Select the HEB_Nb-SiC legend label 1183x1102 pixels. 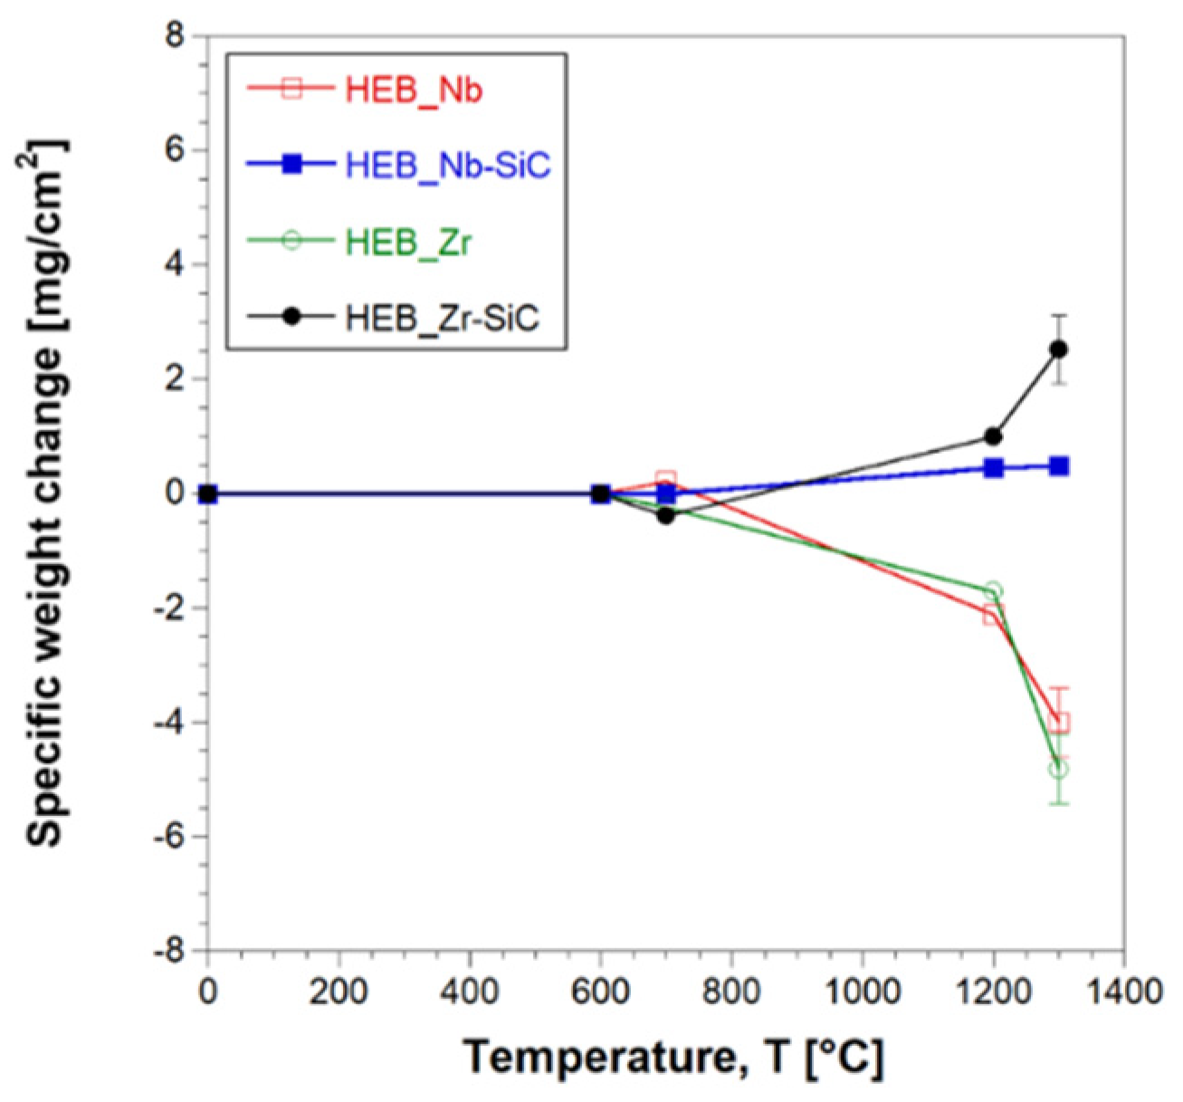[x=448, y=167]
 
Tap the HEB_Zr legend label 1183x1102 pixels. [x=408, y=243]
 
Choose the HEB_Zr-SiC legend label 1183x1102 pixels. [x=443, y=319]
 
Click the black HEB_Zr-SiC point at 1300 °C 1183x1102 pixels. [x=1058, y=350]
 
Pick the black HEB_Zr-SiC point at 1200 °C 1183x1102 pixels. [x=993, y=436]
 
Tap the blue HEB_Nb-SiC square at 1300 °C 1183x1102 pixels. [x=1059, y=466]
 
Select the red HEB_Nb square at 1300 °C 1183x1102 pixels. [x=1059, y=723]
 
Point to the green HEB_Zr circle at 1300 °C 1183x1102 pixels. [x=1058, y=770]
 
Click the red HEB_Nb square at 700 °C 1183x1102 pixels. [x=665, y=480]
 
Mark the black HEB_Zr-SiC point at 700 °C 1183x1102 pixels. [x=665, y=516]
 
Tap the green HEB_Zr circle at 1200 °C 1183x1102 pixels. [x=993, y=591]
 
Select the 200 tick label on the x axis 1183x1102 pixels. [x=339, y=991]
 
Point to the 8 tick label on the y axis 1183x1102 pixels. [x=172, y=37]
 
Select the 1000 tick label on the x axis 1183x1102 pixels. [x=862, y=991]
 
